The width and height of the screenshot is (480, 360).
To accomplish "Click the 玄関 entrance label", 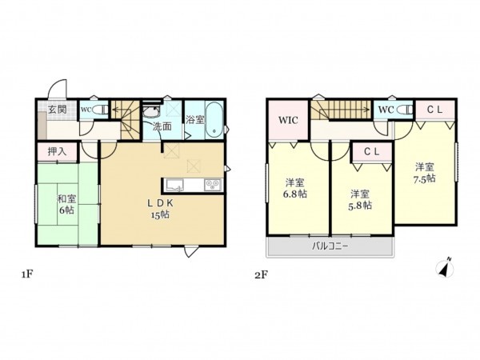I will click(x=56, y=110).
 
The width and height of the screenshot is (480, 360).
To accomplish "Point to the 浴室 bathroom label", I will click(x=194, y=120).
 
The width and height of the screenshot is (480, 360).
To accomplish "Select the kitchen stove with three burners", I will click(x=213, y=185).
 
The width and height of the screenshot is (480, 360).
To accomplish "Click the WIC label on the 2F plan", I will click(x=288, y=122).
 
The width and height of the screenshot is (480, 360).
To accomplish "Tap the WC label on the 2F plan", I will click(x=385, y=109).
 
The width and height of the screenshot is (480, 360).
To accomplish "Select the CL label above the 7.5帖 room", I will click(x=434, y=109).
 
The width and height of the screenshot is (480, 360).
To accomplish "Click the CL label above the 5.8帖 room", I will click(x=371, y=151).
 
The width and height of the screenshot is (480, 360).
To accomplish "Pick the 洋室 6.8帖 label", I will click(x=295, y=188).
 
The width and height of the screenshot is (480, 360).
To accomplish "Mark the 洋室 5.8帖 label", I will click(x=360, y=199).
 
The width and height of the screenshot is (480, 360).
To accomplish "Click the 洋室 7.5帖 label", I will click(x=425, y=173).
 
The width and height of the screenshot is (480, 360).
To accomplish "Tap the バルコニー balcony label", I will click(x=330, y=247).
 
